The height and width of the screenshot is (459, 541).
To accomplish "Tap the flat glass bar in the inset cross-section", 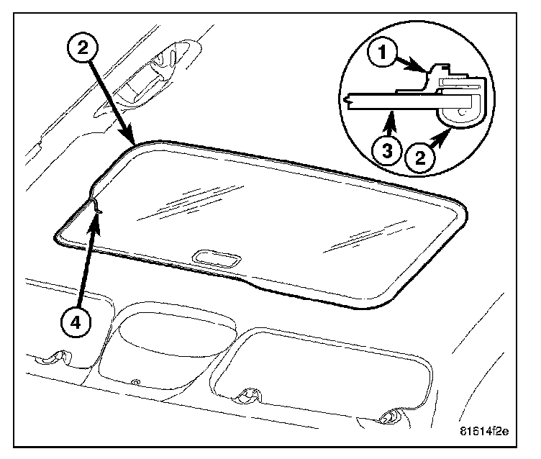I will [388, 100].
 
